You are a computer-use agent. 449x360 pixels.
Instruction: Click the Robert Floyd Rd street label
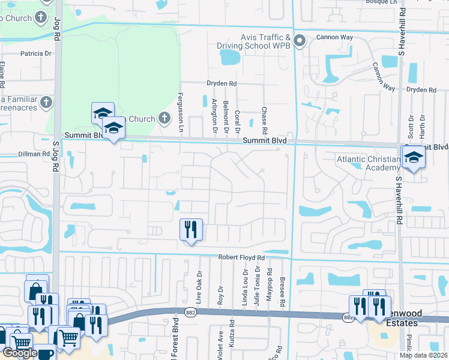pyautogui.click(x=241, y=257)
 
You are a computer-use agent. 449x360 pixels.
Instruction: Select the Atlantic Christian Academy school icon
pyautogui.click(x=414, y=158)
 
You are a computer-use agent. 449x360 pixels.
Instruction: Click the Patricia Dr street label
pyautogui.click(x=35, y=53)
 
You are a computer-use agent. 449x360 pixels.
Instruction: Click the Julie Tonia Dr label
pyautogui.click(x=256, y=289)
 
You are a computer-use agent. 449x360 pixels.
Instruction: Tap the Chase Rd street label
pyautogui.click(x=264, y=121)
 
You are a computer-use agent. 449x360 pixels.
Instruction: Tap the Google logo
pyautogui.click(x=19, y=353)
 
